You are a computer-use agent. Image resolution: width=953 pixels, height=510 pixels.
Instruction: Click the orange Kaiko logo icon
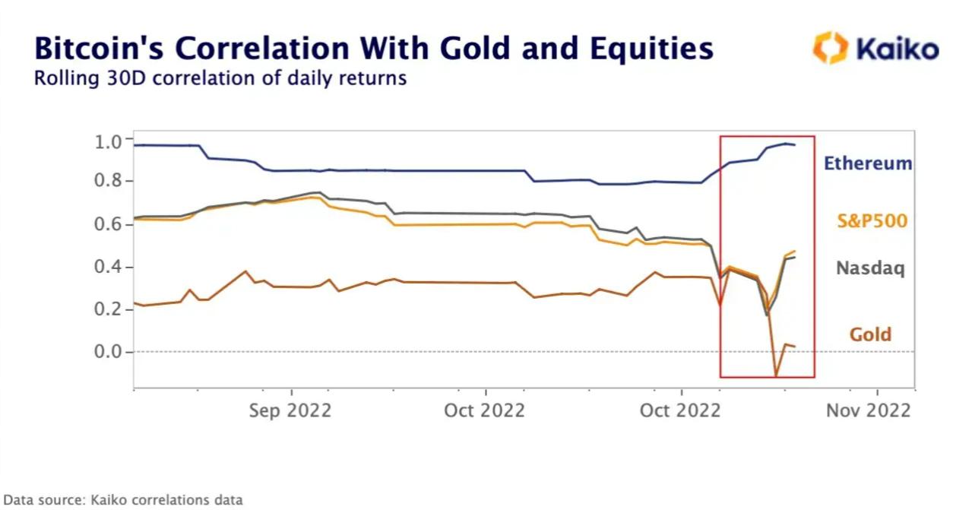830,47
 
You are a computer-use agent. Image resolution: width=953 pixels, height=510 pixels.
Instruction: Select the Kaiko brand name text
897,49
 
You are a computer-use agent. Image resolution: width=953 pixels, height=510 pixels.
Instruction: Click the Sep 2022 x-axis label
291,410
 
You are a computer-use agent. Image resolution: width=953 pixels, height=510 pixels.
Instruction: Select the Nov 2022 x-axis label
868,410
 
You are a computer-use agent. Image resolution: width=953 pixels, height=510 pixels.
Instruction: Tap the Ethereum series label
867,163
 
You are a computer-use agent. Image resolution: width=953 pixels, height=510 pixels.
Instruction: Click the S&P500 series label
872,221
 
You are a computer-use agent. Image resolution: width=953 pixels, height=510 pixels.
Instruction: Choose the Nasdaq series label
870,268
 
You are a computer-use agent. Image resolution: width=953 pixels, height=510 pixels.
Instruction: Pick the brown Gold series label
870,334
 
